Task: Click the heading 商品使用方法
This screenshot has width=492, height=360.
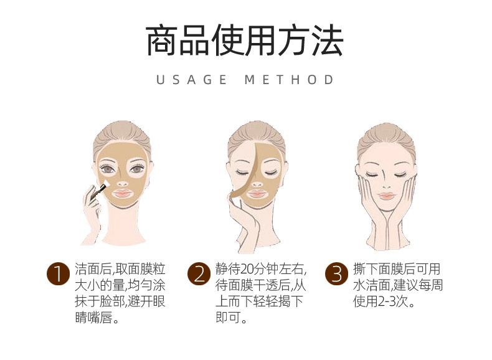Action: click(245, 41)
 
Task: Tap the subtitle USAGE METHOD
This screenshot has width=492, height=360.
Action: click(245, 80)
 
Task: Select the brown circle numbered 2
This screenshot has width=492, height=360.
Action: click(199, 273)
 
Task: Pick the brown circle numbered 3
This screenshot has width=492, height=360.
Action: click(337, 273)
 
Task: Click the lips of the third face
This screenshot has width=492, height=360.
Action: click(387, 196)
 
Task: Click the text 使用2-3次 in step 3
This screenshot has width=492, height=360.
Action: click(384, 303)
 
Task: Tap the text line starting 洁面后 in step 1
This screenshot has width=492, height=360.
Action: click(119, 269)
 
